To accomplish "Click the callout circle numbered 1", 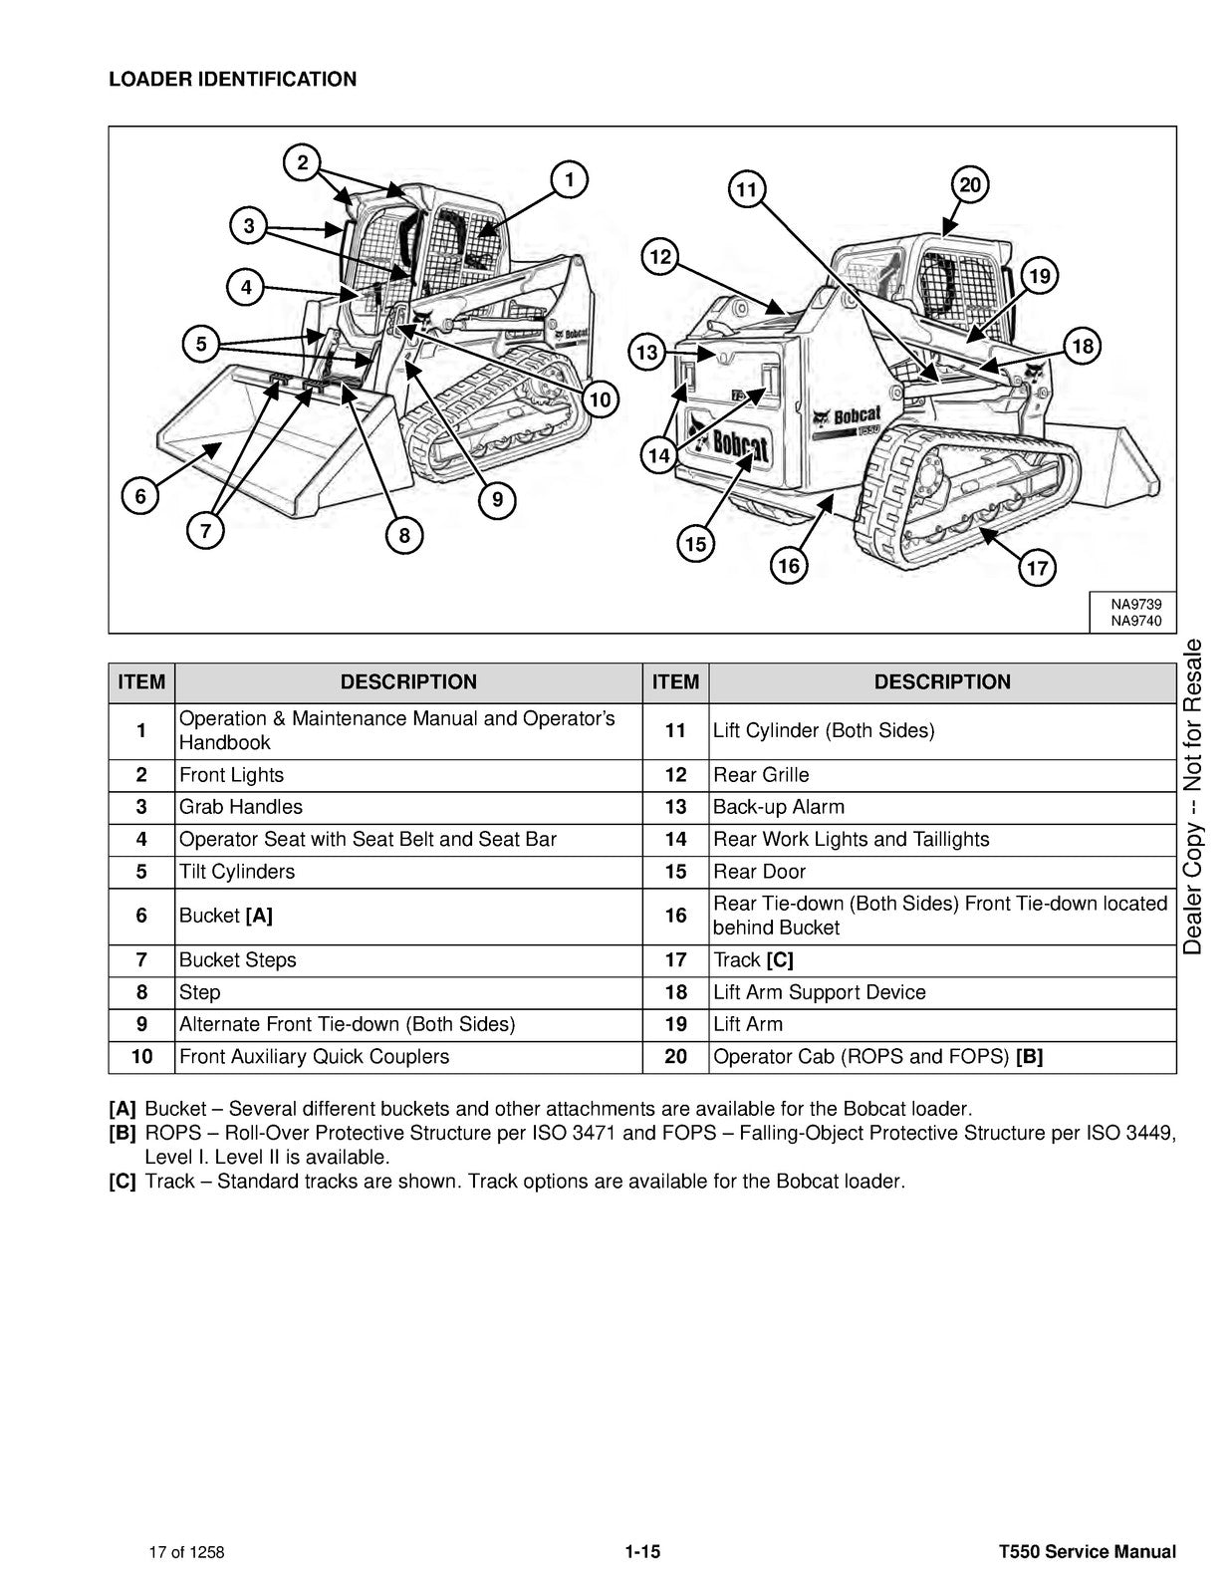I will (569, 179).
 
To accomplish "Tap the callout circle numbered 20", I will (970, 185).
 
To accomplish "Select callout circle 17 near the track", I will (1037, 568).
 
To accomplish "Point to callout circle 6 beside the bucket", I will (140, 496).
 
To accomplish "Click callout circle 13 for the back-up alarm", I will (647, 352).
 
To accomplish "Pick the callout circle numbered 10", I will (599, 400).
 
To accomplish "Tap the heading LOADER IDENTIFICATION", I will (232, 80).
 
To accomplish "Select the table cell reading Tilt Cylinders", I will (237, 872).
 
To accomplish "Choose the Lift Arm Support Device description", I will (819, 992).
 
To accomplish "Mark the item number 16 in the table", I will (675, 916).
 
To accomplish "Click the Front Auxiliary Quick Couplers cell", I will (314, 1057).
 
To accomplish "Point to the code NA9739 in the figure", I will (1135, 605).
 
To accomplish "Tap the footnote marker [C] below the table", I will (122, 1182).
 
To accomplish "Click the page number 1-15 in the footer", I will (642, 1551).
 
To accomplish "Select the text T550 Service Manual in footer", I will (1088, 1551).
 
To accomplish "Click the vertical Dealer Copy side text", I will (1193, 797).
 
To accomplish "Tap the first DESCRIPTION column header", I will (408, 682).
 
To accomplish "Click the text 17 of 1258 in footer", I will (186, 1552).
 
